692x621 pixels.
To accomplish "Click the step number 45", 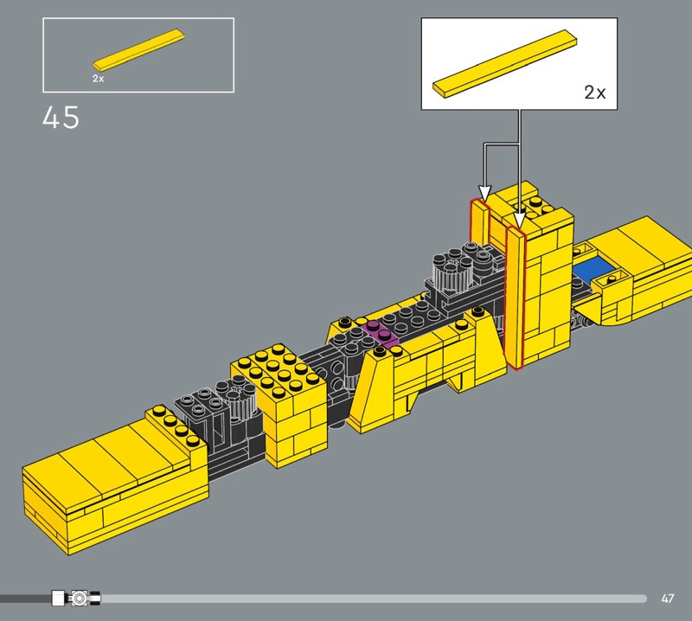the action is (x=61, y=118).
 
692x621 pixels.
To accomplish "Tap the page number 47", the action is (x=667, y=599).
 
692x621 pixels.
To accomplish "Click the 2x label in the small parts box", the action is (x=99, y=79).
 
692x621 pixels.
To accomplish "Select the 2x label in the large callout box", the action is (x=595, y=93).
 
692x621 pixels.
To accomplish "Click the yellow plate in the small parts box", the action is (x=138, y=50).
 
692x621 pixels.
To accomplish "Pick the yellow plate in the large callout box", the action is (x=504, y=63).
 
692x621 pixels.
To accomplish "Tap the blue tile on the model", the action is (x=593, y=268).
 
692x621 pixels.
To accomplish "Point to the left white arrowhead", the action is (x=484, y=194).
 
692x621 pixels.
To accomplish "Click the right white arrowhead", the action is (x=520, y=221).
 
